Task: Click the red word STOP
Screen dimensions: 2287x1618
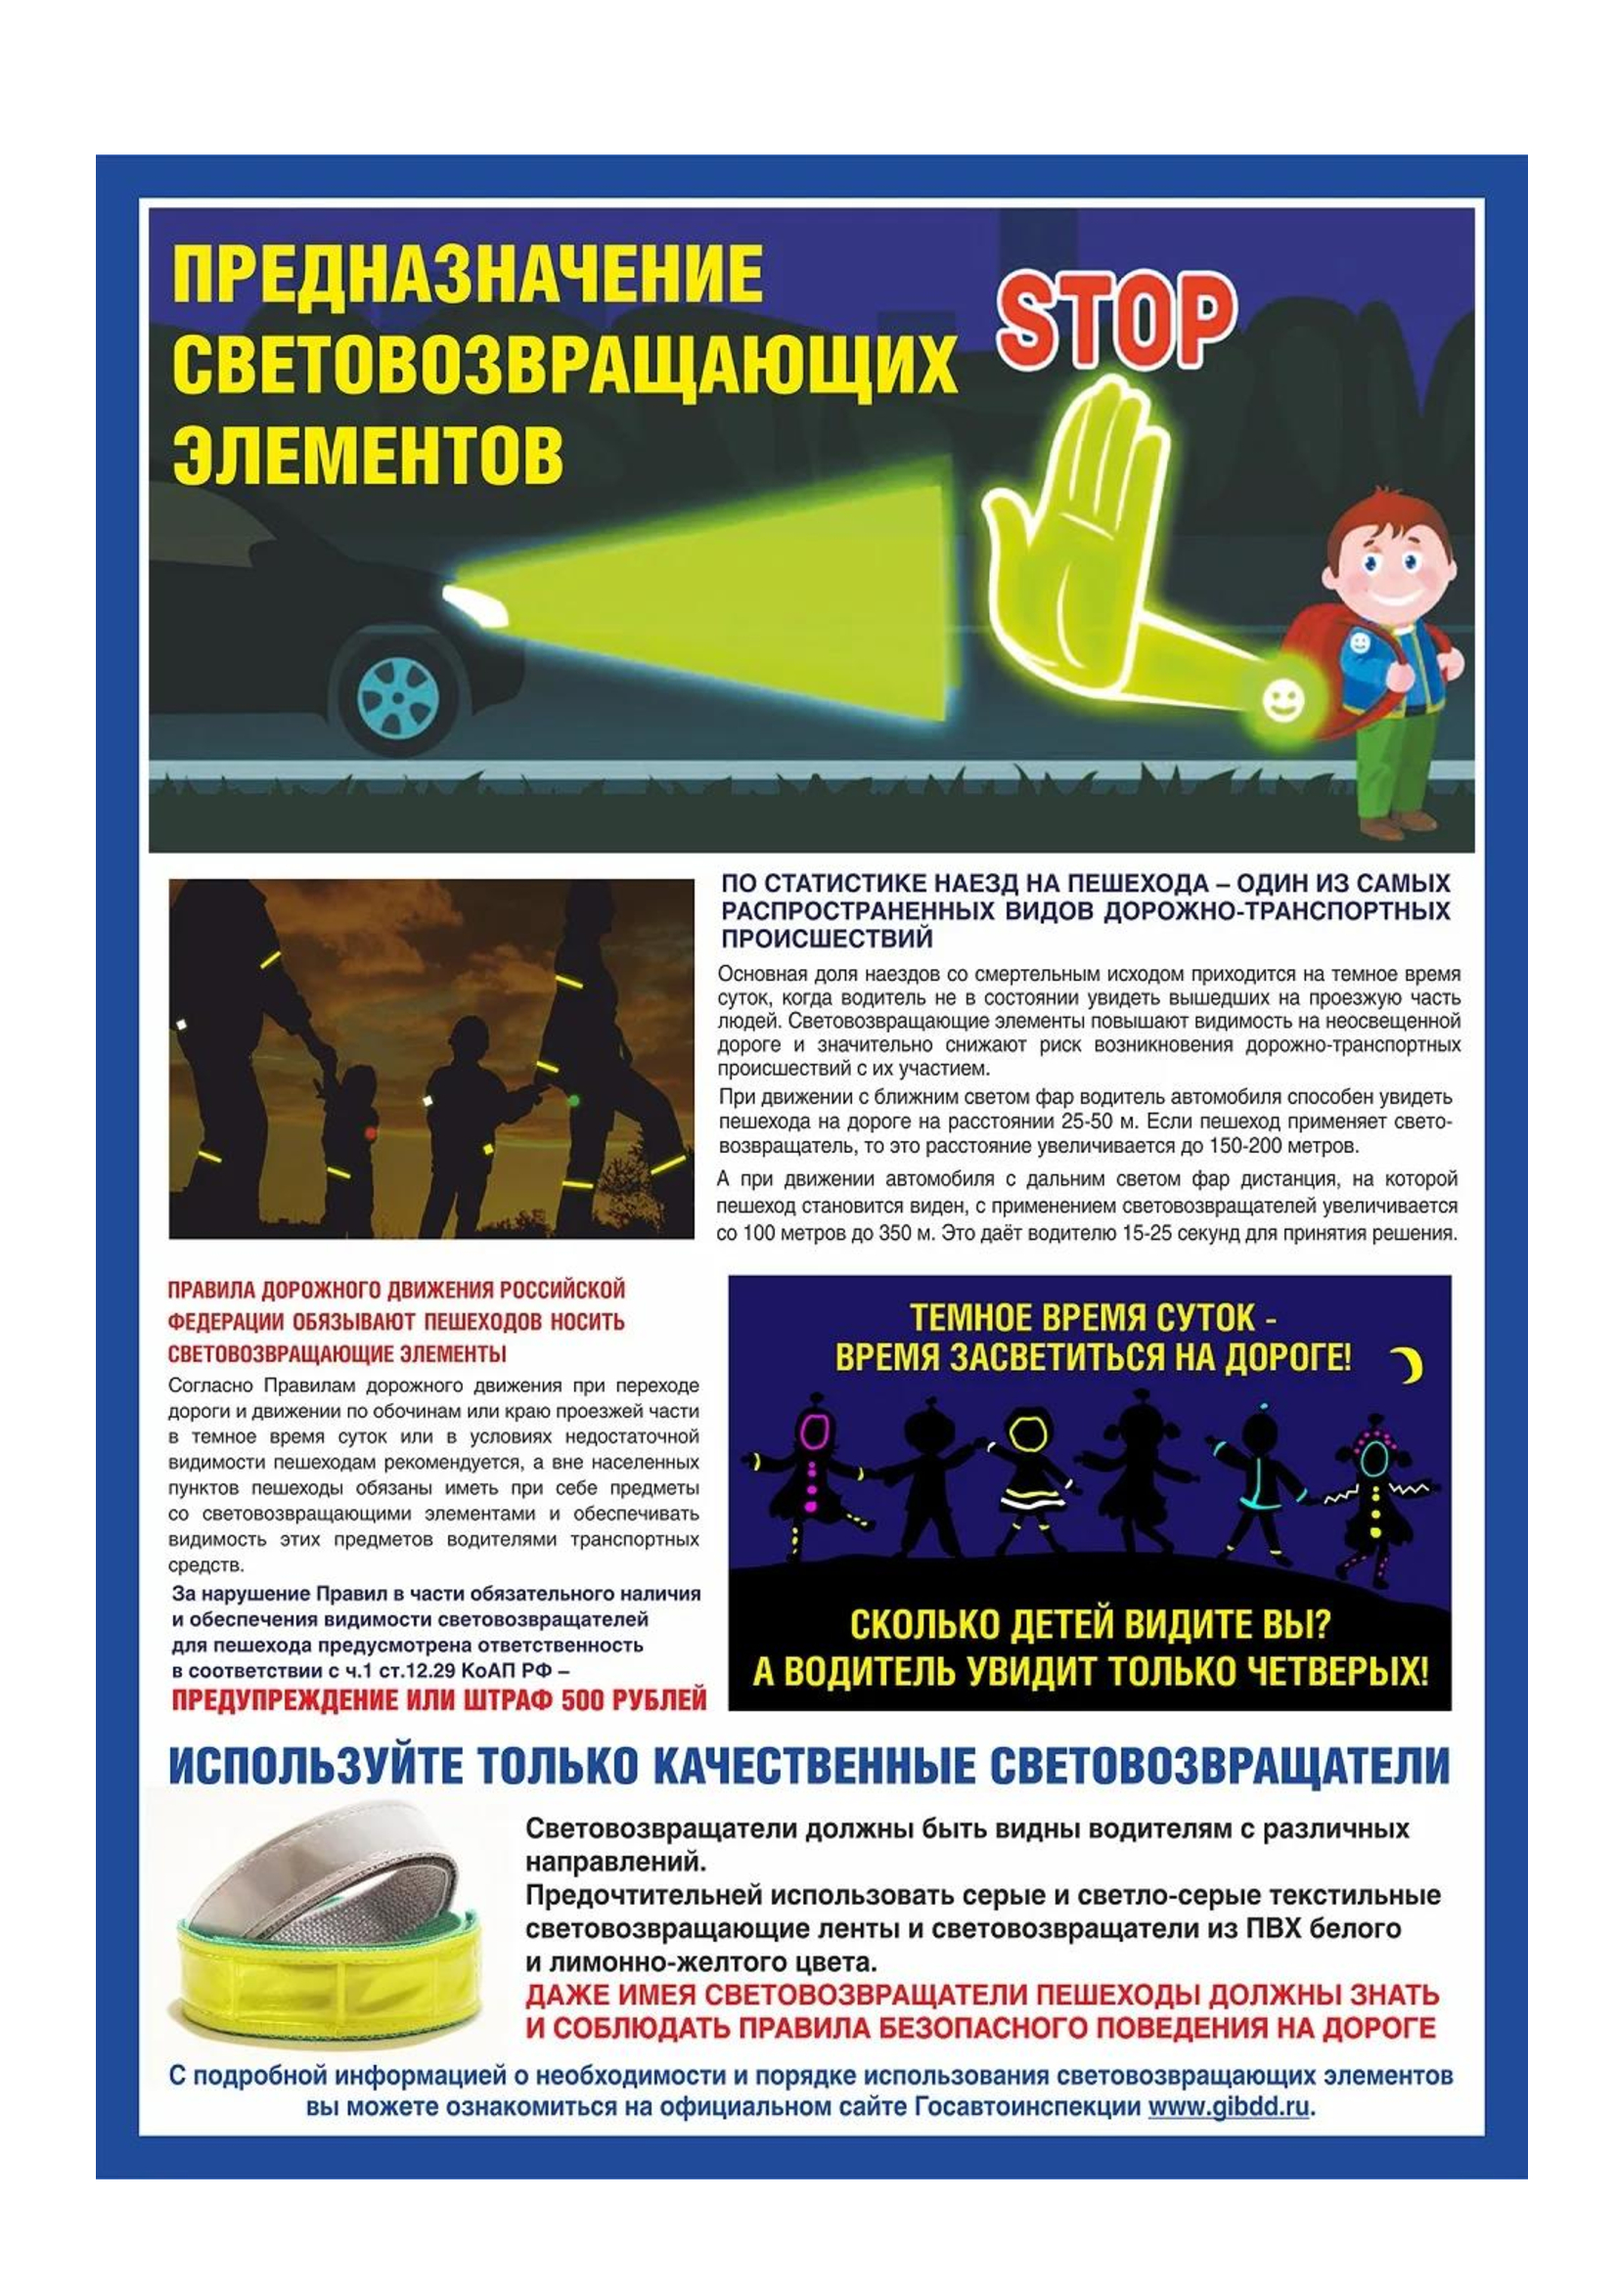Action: pyautogui.click(x=1116, y=321)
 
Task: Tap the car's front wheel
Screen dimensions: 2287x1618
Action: pyautogui.click(x=397, y=694)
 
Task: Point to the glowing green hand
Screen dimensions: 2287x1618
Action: pyautogui.click(x=1071, y=543)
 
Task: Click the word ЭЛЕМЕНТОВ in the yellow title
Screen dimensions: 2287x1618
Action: pyautogui.click(x=368, y=456)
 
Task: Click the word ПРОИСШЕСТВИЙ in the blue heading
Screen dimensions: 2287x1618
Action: pyautogui.click(x=827, y=939)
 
